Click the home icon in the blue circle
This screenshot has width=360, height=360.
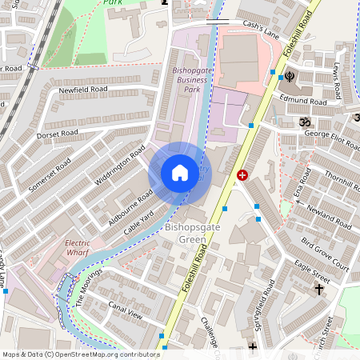pyautogui.click(x=180, y=173)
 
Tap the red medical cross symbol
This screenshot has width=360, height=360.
pyautogui.click(x=242, y=174)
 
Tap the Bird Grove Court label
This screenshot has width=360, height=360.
pyautogui.click(x=327, y=253)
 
